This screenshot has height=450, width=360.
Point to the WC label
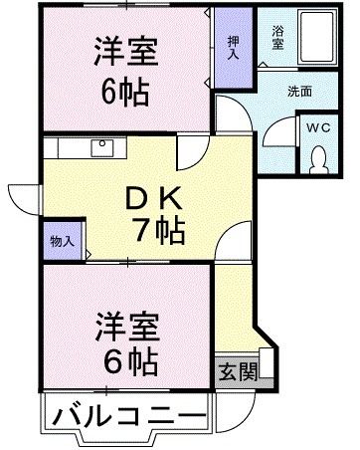[319, 128]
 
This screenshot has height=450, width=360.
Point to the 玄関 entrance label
[235, 372]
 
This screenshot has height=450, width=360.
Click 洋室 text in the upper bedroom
[127, 51]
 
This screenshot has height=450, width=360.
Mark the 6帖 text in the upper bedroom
[127, 92]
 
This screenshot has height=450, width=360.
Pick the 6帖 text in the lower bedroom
[127, 363]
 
